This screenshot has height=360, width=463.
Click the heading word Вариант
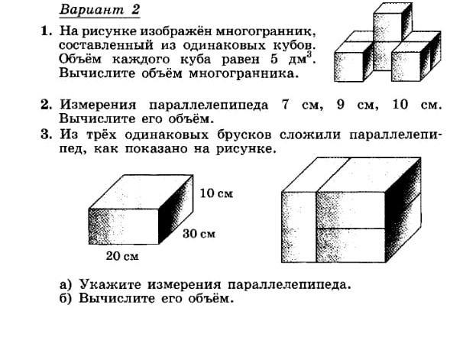point(92,9)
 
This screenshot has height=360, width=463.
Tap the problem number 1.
point(47,31)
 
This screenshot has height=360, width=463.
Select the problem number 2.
point(47,105)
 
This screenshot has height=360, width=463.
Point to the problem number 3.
point(47,135)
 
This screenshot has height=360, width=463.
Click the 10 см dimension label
point(216,193)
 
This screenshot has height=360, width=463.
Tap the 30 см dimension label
point(199,234)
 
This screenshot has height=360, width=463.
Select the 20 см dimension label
point(122,256)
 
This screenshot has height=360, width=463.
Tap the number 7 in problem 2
point(285,105)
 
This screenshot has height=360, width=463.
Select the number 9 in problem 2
point(340,105)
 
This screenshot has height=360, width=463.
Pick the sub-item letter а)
point(66,284)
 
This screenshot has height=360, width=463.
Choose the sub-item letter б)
point(66,298)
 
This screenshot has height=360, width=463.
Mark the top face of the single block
point(141,192)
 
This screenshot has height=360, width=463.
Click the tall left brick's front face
point(299,227)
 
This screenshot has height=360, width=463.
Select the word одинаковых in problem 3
point(167,135)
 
